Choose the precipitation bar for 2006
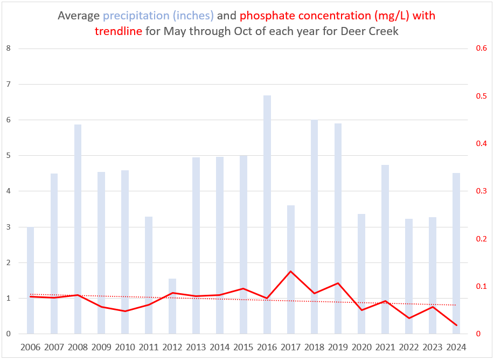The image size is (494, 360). pos(31,280)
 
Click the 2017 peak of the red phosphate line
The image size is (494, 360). pos(290,271)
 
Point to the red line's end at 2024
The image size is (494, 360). pos(456,326)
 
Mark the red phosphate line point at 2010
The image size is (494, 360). pos(125,311)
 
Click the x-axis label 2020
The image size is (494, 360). pos(361,347)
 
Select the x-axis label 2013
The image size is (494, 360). pos(196,347)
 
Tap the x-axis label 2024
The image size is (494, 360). pos(456,347)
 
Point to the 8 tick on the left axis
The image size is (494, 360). pos(8,49)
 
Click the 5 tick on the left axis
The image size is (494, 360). pos(8,156)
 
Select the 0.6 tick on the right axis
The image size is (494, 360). pos(481,49)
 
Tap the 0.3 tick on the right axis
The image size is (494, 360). pos(481,191)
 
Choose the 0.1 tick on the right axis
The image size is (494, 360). pos(481,287)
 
